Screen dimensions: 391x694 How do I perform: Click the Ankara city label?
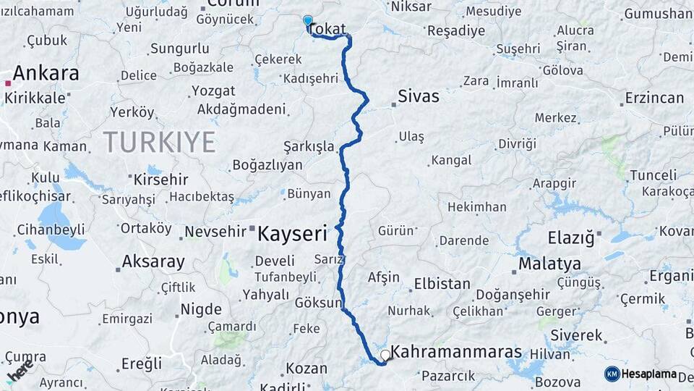pyautogui.click(x=46, y=73)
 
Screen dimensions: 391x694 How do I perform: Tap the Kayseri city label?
pyautogui.click(x=292, y=234)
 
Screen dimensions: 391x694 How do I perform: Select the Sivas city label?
pyautogui.click(x=418, y=96)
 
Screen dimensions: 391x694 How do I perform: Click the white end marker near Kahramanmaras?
pyautogui.click(x=385, y=356)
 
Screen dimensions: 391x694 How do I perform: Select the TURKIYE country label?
pyautogui.click(x=159, y=142)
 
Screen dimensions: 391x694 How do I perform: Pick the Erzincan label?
pyautogui.click(x=654, y=98)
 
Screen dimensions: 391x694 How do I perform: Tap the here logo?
pyautogui.click(x=20, y=371)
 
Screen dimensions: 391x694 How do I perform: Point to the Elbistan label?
pyautogui.click(x=442, y=284)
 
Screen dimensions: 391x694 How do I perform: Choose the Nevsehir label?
pyautogui.click(x=216, y=232)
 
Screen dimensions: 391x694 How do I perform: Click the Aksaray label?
pyautogui.click(x=153, y=261)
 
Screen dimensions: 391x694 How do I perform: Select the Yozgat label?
pyautogui.click(x=213, y=91)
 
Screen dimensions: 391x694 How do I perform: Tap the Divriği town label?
pyautogui.click(x=518, y=144)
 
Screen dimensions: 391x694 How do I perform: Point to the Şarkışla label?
pyautogui.click(x=309, y=147)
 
